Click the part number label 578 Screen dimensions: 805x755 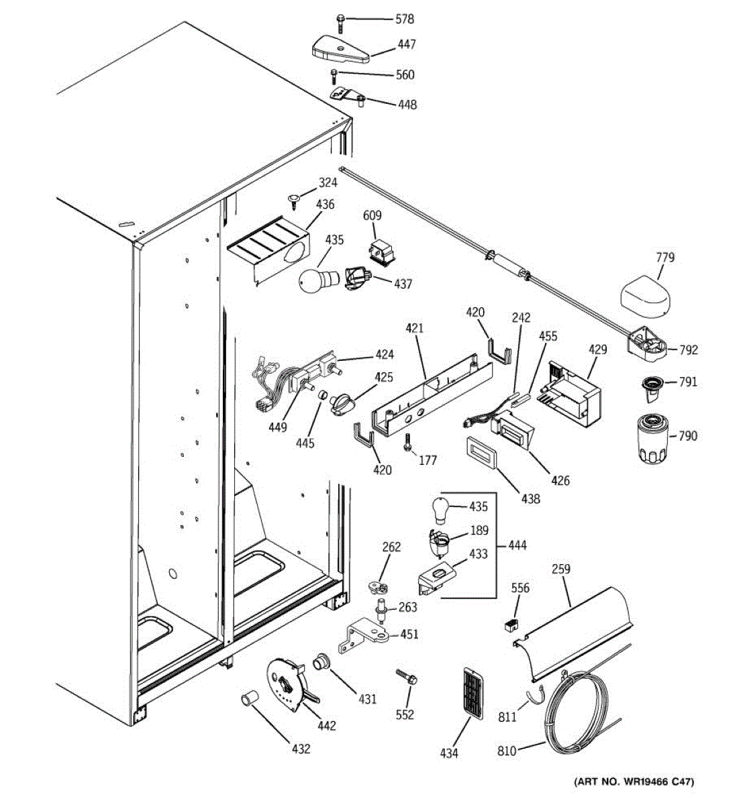click(405, 19)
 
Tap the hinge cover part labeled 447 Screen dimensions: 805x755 click(340, 50)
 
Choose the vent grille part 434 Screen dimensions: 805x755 click(472, 694)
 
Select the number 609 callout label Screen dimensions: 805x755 click(372, 215)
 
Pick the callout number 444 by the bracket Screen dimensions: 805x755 click(517, 545)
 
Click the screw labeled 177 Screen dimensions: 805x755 click(407, 444)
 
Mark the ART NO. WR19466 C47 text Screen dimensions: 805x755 click(634, 782)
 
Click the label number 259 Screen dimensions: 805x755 click(560, 570)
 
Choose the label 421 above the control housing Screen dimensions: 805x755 click(415, 329)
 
